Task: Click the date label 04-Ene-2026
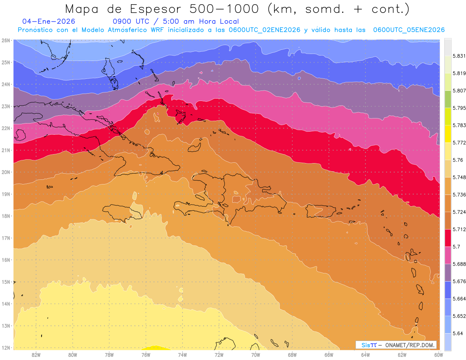[x=49, y=22]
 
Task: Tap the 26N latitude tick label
[x=5, y=40]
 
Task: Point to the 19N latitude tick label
[x=5, y=194]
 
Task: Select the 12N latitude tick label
[x=5, y=348]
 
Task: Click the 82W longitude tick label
[x=36, y=355]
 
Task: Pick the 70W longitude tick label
[x=256, y=355]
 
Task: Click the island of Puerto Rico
[x=321, y=211]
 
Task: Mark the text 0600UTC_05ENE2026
[x=409, y=30]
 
